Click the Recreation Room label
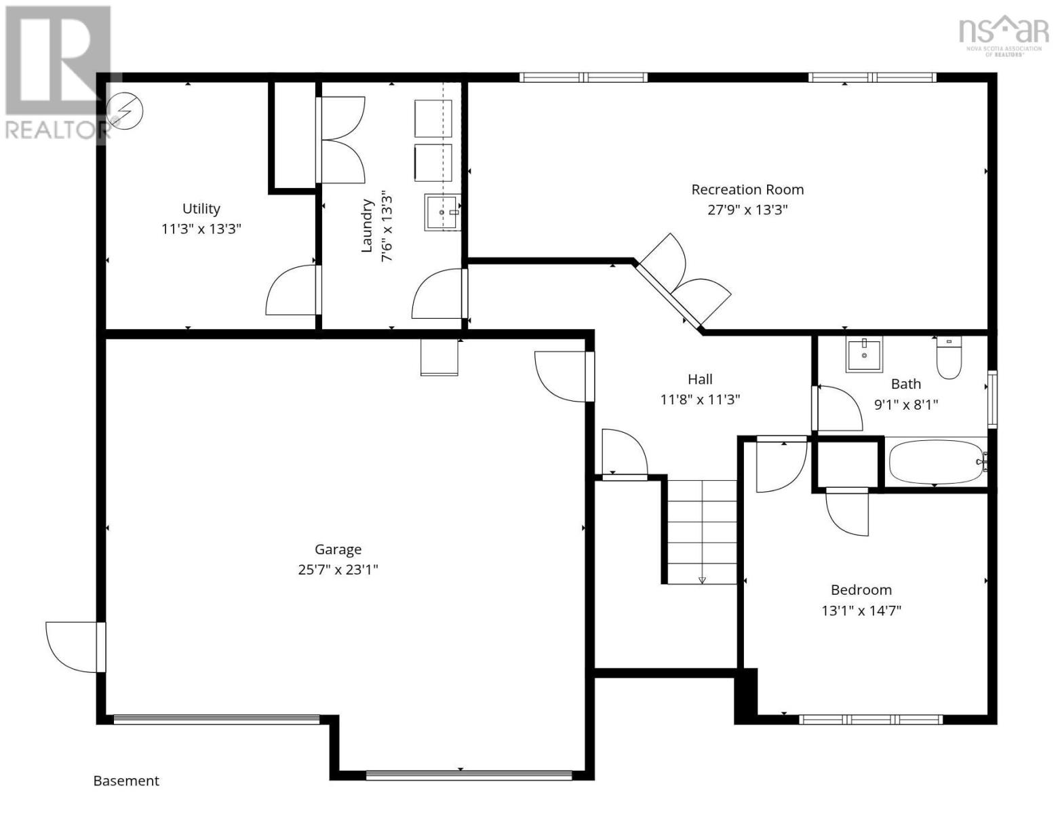click(747, 190)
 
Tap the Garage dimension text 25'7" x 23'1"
click(338, 570)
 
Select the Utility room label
click(201, 209)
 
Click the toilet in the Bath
click(949, 359)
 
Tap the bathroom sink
click(864, 356)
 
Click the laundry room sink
click(442, 212)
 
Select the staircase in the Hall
click(702, 532)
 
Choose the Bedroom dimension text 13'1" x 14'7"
click(861, 610)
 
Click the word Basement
click(126, 781)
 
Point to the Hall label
click(700, 379)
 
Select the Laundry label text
click(367, 226)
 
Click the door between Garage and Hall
click(563, 376)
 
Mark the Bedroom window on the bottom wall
click(871, 720)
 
